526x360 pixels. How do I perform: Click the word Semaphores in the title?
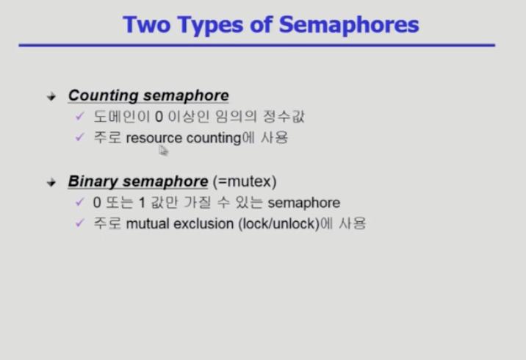point(349,25)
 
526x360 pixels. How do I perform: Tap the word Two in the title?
point(147,25)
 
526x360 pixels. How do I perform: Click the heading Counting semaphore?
point(148,96)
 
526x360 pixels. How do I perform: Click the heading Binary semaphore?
point(138,181)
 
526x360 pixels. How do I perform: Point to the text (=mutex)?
point(245,181)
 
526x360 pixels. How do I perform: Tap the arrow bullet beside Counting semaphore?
point(51,97)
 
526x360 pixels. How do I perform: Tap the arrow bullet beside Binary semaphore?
point(51,182)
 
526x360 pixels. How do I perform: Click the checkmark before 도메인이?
point(80,116)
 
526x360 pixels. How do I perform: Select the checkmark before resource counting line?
point(80,137)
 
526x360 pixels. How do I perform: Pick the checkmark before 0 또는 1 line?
point(80,201)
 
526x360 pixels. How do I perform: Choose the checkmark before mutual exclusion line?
point(80,223)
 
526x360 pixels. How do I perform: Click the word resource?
point(154,138)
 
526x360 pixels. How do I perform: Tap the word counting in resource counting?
point(214,138)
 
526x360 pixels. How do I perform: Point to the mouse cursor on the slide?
point(163,151)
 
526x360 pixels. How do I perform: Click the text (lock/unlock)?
point(278,224)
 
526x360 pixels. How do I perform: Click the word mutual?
point(148,224)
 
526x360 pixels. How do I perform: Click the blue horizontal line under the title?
point(257,46)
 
